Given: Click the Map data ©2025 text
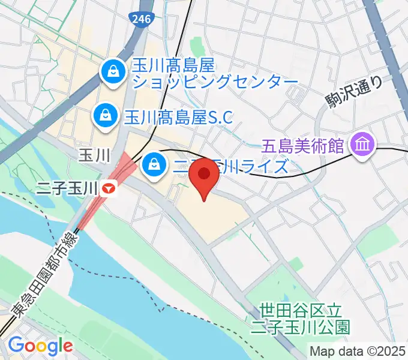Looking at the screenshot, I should point(358,350).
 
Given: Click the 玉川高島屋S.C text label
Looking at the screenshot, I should point(178,114).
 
